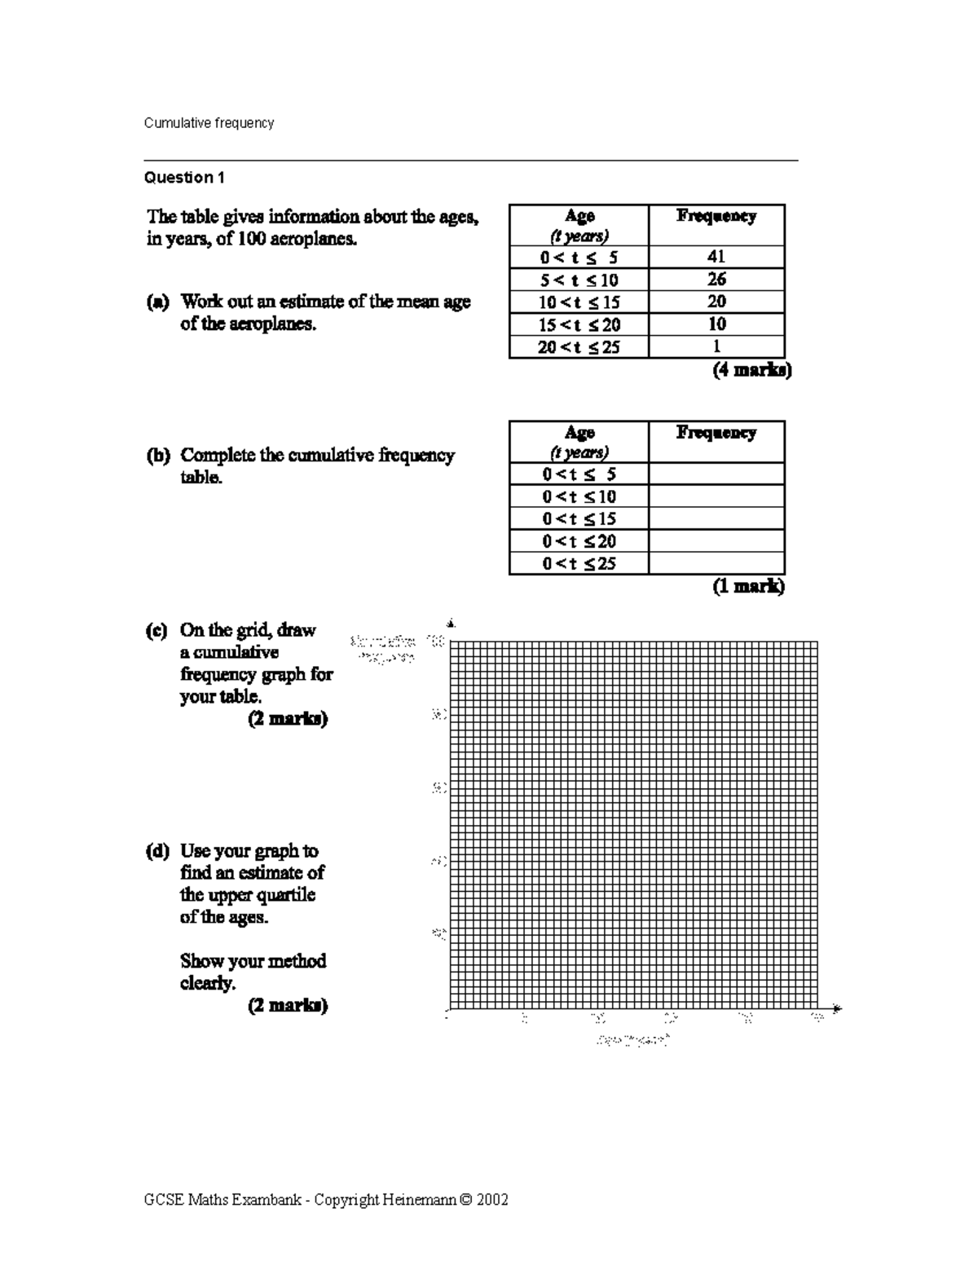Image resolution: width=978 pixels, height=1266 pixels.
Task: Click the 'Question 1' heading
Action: [184, 178]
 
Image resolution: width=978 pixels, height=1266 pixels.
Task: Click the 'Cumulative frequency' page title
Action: [209, 123]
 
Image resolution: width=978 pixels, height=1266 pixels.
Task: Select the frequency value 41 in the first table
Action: [716, 257]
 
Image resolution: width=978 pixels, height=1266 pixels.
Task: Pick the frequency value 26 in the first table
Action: [716, 280]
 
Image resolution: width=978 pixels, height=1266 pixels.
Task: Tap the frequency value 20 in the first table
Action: [716, 302]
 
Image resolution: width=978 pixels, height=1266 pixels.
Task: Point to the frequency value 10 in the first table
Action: [716, 324]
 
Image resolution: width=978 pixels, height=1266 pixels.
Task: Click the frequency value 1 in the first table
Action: [716, 346]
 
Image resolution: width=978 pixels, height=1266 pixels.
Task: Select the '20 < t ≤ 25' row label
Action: [579, 347]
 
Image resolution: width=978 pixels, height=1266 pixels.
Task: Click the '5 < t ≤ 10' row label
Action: [579, 280]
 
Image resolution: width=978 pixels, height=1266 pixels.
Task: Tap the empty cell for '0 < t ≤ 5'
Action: [716, 474]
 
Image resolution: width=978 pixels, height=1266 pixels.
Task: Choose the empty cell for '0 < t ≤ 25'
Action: [716, 563]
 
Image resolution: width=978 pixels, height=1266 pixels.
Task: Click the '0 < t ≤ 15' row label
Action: [579, 519]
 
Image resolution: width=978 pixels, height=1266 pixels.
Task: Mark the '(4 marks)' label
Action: [751, 370]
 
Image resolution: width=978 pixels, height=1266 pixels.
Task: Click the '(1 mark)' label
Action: [748, 586]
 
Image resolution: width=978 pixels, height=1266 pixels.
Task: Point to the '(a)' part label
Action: [157, 302]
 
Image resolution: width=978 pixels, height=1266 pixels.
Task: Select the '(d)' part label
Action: [157, 851]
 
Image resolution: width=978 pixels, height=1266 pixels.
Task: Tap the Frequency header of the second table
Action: [716, 433]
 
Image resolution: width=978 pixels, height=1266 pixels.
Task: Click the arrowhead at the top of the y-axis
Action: [451, 624]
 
